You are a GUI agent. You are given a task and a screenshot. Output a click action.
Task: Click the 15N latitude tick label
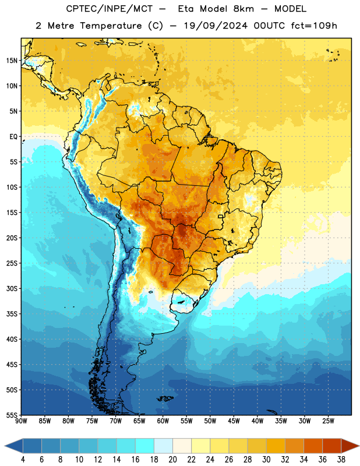(12, 61)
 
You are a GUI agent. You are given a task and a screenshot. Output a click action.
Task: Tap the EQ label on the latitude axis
(13, 137)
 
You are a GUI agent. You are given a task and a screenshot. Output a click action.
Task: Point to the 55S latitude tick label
(12, 415)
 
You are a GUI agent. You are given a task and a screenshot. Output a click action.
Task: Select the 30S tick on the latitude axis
(12, 288)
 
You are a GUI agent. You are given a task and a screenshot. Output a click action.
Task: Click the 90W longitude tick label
(21, 421)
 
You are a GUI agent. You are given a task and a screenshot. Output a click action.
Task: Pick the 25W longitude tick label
(328, 421)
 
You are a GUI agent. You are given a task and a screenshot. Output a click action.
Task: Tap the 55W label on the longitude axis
(186, 421)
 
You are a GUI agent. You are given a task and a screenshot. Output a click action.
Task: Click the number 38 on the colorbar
(341, 460)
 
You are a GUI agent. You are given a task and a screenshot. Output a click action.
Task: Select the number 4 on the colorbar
(23, 460)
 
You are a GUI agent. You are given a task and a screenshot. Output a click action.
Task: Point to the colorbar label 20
(172, 460)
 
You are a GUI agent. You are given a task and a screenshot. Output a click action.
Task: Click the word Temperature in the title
(111, 26)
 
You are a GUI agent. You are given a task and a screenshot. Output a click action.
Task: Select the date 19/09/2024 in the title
(216, 26)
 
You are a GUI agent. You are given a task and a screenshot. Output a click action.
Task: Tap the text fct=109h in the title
(314, 26)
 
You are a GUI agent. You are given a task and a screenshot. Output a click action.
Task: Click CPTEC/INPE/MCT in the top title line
(110, 9)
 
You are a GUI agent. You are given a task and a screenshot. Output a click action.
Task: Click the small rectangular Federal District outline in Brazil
(221, 216)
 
